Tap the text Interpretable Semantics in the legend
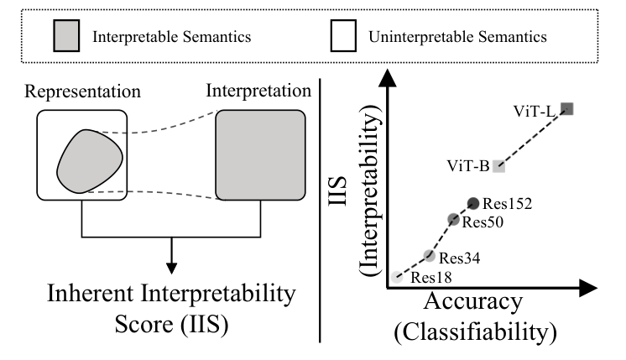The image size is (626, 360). (174, 38)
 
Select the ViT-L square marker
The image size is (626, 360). (566, 107)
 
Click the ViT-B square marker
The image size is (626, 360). (498, 165)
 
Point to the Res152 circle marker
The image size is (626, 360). (473, 202)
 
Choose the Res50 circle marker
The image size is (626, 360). (454, 219)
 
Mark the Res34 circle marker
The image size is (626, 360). (429, 256)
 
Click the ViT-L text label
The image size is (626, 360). (533, 110)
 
